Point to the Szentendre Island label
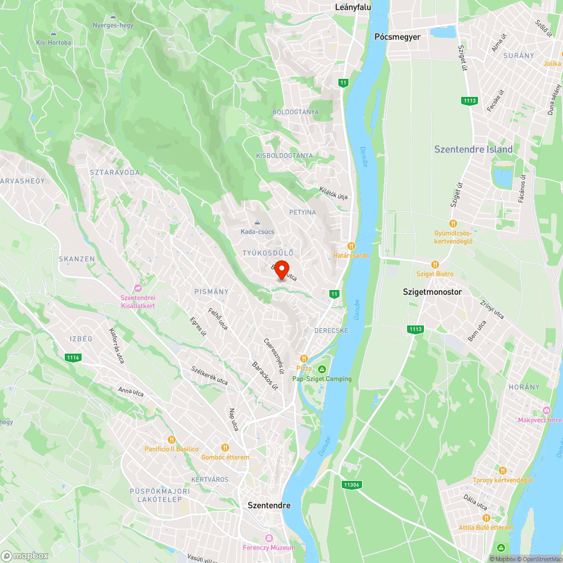click(x=473, y=149)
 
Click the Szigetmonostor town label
click(x=432, y=292)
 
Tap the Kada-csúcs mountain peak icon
click(x=258, y=222)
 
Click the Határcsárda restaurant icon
click(x=351, y=246)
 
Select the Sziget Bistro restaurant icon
click(x=435, y=265)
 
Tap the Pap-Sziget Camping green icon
click(x=321, y=369)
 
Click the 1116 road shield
click(x=73, y=358)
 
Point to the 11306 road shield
click(x=351, y=484)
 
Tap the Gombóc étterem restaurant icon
click(x=225, y=448)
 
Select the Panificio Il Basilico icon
click(x=172, y=439)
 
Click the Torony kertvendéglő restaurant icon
click(x=503, y=471)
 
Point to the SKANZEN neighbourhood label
click(x=77, y=259)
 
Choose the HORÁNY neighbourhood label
click(x=524, y=387)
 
